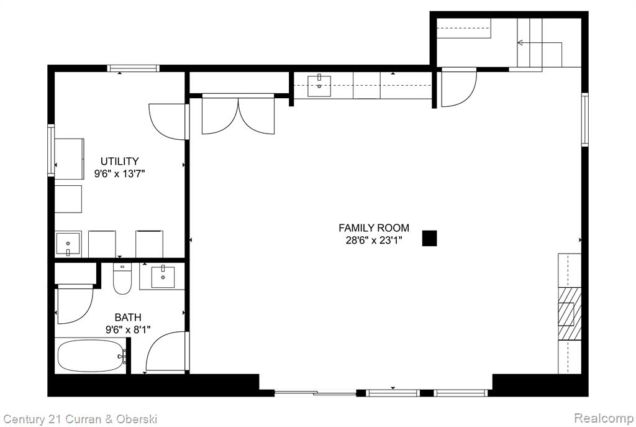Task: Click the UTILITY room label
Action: pyautogui.click(x=120, y=161)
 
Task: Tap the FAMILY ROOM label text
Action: pyautogui.click(x=374, y=227)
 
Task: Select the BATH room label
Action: pyautogui.click(x=128, y=317)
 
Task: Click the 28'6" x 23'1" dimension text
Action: pyautogui.click(x=373, y=241)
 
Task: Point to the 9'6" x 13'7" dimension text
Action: pyautogui.click(x=120, y=174)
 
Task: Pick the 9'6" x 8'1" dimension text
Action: pyautogui.click(x=128, y=329)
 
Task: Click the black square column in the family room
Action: pyautogui.click(x=430, y=238)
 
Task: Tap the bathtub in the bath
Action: pyautogui.click(x=91, y=356)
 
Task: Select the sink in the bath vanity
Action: pyautogui.click(x=163, y=277)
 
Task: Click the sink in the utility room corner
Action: pyautogui.click(x=68, y=244)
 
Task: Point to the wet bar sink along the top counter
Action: pyautogui.click(x=319, y=86)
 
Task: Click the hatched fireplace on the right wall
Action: pyautogui.click(x=570, y=314)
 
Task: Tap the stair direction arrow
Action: pyautogui.click(x=540, y=43)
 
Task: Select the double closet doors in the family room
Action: pyautogui.click(x=238, y=115)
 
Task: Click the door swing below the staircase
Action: pyautogui.click(x=459, y=89)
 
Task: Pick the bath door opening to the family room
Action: pyautogui.click(x=167, y=351)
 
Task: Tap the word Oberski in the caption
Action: pyautogui.click(x=137, y=419)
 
